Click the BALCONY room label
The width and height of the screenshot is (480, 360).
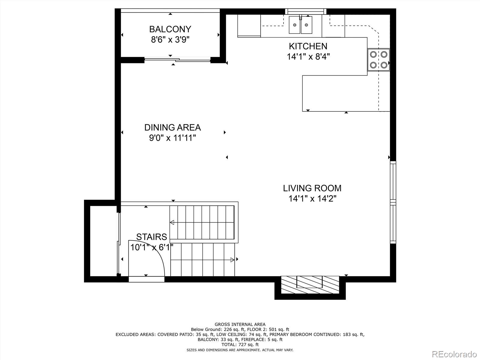(x=170, y=29)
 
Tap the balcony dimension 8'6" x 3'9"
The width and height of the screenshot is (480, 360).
(x=170, y=40)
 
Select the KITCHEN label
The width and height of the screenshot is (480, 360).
(x=308, y=46)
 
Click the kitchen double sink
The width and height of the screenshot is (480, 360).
(x=301, y=25)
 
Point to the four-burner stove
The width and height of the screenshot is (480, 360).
(x=379, y=60)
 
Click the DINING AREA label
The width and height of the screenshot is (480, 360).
(x=172, y=127)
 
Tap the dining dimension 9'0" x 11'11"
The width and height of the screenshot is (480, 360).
(x=172, y=138)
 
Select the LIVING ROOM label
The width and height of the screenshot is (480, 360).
(x=312, y=188)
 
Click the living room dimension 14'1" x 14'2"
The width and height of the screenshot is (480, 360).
(x=312, y=199)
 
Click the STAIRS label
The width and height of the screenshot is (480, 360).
(x=151, y=237)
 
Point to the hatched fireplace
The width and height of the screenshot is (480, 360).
(x=310, y=285)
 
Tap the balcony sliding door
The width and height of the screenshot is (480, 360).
(x=177, y=60)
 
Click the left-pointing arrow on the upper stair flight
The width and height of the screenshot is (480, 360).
(x=172, y=222)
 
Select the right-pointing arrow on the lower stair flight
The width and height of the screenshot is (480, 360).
(x=232, y=260)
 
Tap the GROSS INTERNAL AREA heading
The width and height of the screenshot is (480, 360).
(x=240, y=324)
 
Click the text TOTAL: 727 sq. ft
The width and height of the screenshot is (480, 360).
(x=240, y=345)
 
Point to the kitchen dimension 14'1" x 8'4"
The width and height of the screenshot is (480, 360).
(x=308, y=57)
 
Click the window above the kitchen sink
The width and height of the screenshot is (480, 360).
(x=306, y=11)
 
